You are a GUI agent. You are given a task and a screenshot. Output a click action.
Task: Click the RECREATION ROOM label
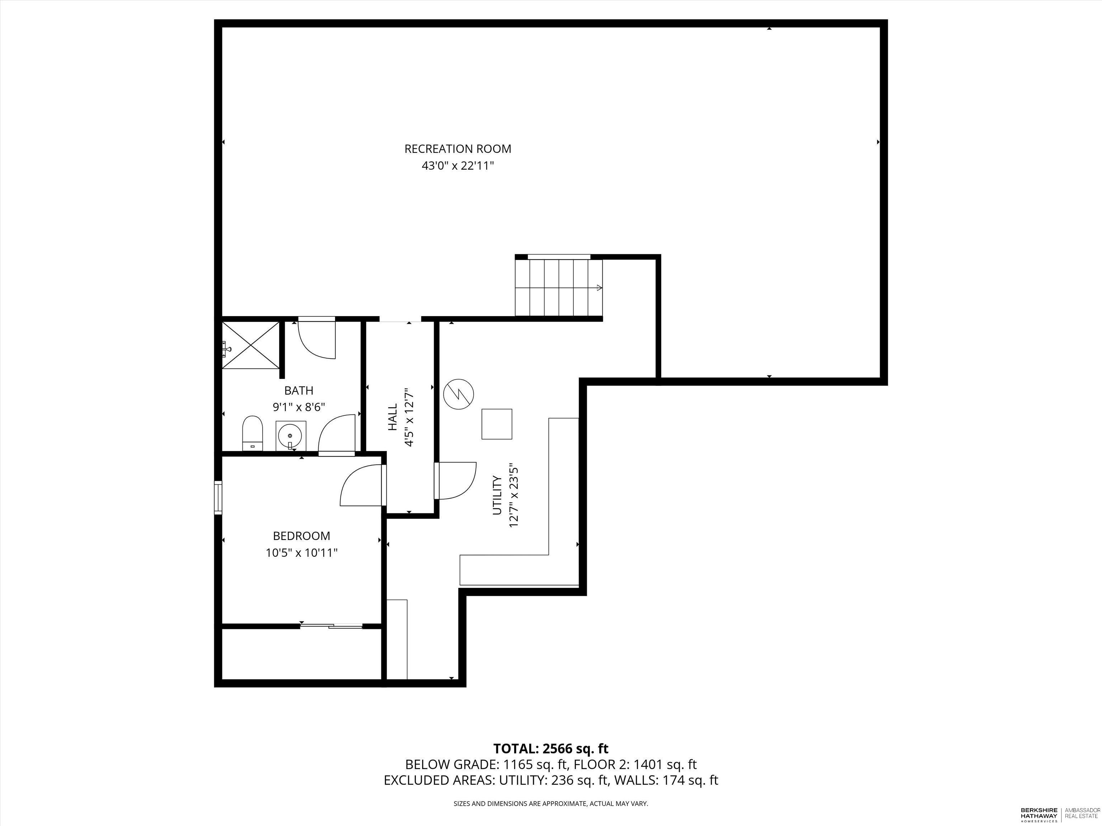(457, 149)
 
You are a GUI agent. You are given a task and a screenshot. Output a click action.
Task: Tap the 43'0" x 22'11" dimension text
(457, 166)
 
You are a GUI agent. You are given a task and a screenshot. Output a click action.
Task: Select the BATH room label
(298, 391)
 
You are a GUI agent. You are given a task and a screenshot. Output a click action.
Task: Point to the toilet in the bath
(253, 433)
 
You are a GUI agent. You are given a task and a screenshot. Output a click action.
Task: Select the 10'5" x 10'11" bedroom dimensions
(301, 553)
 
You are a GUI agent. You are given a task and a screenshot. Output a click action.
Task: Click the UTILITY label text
(497, 495)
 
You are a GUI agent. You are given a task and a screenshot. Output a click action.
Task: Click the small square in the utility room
(497, 424)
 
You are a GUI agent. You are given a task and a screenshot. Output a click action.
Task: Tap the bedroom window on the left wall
(218, 497)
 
